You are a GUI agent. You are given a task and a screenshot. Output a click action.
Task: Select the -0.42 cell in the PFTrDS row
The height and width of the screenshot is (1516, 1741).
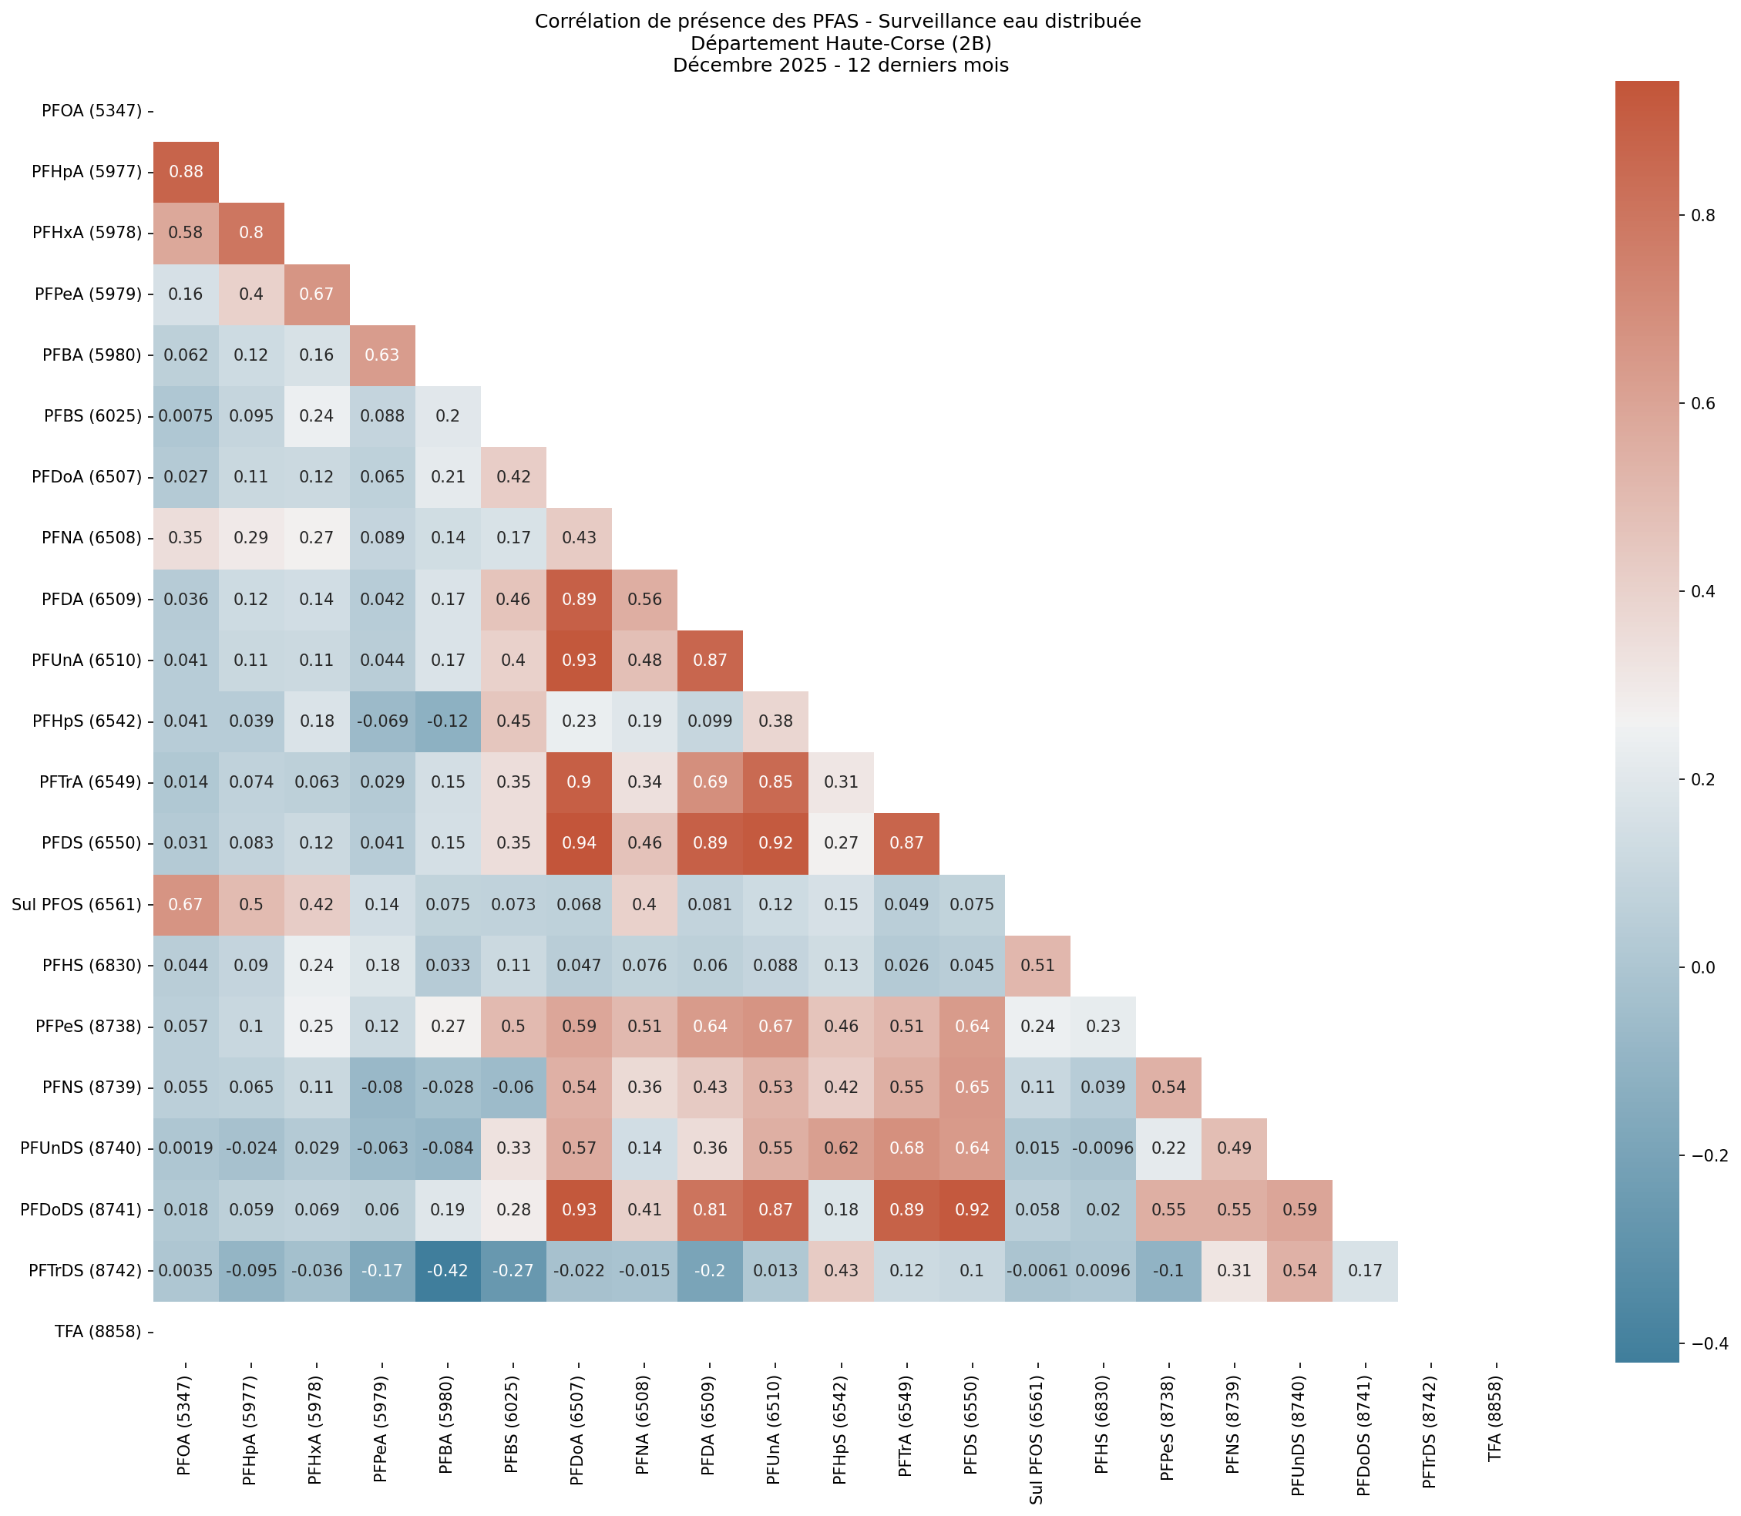448,1270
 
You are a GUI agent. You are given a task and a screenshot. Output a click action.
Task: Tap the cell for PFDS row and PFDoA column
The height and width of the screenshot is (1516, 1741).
579,842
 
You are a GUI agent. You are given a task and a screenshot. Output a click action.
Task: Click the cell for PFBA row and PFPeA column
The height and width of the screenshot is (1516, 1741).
382,355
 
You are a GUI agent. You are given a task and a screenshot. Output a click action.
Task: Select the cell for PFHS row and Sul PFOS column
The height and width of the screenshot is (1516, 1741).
1037,965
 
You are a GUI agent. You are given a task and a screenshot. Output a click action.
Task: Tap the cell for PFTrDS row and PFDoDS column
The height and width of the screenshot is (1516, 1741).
1365,1270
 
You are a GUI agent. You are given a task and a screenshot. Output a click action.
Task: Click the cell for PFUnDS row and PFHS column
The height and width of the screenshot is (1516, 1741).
1103,1148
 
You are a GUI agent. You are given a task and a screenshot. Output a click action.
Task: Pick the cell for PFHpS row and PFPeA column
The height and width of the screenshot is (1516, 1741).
382,721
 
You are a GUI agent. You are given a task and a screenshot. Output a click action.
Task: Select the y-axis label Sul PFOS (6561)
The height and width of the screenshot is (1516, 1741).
76,904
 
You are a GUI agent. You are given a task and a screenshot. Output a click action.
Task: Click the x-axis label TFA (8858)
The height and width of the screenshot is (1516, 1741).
1495,1413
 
